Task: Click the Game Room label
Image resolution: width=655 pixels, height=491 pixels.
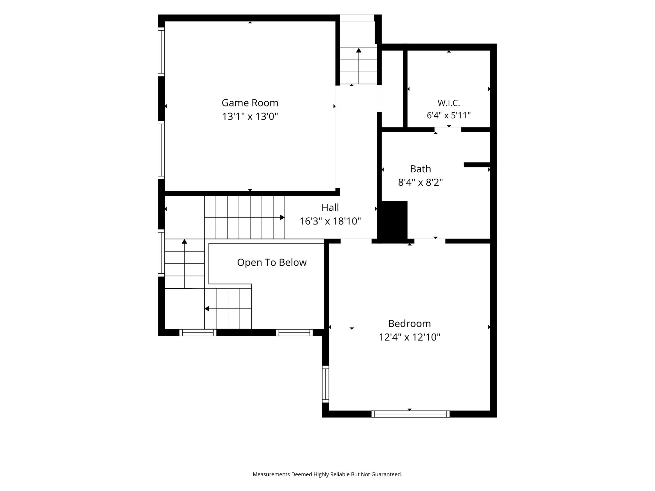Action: pos(250,103)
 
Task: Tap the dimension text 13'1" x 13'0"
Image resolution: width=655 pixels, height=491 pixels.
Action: pos(250,116)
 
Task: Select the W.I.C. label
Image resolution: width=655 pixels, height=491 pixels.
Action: pos(448,103)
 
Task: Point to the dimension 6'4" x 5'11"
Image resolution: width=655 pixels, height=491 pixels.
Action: pos(448,115)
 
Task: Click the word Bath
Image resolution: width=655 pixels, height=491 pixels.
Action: pos(420,169)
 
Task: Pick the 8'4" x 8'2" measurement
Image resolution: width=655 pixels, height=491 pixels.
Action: pos(420,182)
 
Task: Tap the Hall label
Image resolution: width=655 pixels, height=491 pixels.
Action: pos(330,207)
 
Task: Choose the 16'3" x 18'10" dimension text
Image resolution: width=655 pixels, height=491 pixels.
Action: pos(330,221)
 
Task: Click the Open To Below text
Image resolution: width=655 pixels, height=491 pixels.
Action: pos(272,262)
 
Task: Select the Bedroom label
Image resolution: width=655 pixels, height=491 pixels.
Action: pos(409,323)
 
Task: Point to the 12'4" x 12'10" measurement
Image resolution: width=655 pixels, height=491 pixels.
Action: pos(409,337)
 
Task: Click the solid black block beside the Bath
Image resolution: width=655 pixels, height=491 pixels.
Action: pos(393,221)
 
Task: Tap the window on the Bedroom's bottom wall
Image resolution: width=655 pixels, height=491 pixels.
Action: pos(410,414)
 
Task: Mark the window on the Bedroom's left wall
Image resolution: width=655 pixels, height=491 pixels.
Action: pos(325,384)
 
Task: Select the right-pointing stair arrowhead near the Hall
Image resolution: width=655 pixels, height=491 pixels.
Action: pos(282,217)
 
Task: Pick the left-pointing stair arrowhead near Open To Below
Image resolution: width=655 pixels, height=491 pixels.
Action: pos(207,308)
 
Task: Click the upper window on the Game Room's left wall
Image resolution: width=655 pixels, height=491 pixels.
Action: pos(161,52)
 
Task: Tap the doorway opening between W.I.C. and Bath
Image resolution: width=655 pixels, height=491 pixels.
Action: pos(448,129)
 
